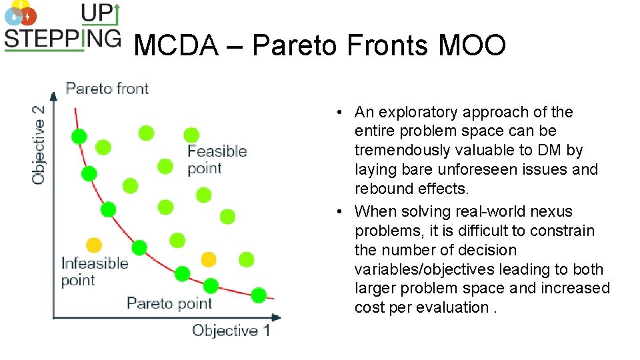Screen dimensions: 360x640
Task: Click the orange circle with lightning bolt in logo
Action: click(x=27, y=16)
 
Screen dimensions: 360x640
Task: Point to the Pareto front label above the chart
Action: click(x=107, y=89)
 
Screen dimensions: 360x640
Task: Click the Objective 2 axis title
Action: click(x=39, y=144)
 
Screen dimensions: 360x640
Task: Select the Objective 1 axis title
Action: click(x=231, y=330)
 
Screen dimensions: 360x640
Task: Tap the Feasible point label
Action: click(x=217, y=159)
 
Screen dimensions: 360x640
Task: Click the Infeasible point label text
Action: click(x=94, y=271)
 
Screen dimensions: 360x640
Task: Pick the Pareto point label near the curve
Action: click(x=169, y=303)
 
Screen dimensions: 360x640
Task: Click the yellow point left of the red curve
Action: click(x=94, y=245)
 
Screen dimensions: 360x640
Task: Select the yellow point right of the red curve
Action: click(x=209, y=259)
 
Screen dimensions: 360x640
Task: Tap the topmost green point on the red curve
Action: click(x=79, y=137)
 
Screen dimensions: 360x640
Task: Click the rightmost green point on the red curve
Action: click(x=259, y=295)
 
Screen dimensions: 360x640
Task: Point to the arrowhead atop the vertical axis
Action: click(x=54, y=95)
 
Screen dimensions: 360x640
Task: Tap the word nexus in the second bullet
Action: click(x=551, y=211)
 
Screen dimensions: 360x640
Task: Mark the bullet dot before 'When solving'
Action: click(x=340, y=212)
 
